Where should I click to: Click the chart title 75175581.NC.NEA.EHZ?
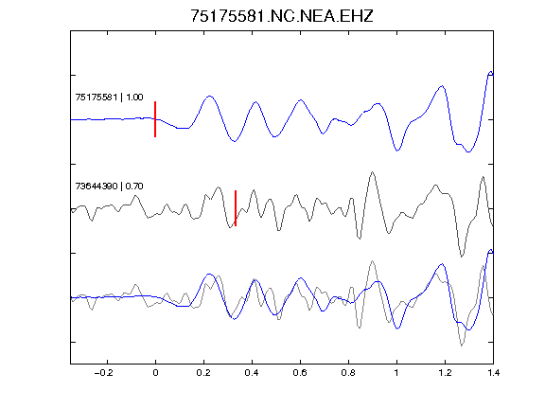282,16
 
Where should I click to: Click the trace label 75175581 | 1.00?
109,97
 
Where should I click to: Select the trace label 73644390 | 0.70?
109,187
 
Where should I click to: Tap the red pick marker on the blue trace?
155,119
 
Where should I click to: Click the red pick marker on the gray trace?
236,208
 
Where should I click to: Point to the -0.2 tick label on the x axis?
104,373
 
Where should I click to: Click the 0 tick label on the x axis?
155,373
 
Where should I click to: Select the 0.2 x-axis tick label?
203,373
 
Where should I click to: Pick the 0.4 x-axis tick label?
252,373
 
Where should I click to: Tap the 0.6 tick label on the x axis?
300,373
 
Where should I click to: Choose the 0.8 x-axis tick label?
348,373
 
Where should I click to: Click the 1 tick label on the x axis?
396,373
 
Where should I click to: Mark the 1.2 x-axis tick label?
445,373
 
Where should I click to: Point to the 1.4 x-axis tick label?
493,373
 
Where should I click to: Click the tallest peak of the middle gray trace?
373,171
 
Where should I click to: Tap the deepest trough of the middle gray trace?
462,257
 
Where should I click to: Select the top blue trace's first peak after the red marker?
209,96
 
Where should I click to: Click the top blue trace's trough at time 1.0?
397,151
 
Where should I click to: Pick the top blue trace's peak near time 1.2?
442,85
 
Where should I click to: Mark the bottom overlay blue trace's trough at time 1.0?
397,329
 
